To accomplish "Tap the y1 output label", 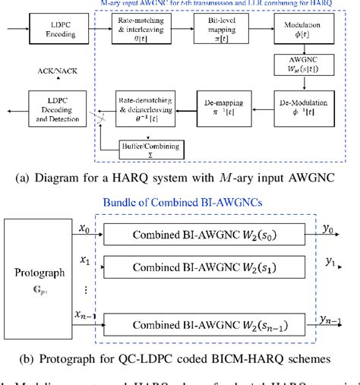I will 330,262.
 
